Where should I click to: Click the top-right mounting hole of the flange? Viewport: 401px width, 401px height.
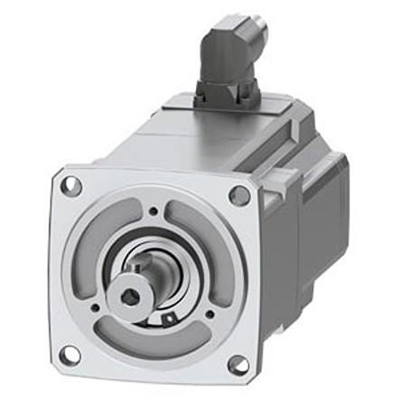tap(239, 195)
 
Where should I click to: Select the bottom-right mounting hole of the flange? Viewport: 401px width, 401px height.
tap(238, 365)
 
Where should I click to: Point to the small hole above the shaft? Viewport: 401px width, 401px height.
tap(154, 212)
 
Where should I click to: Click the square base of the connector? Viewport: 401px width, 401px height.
tap(226, 90)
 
